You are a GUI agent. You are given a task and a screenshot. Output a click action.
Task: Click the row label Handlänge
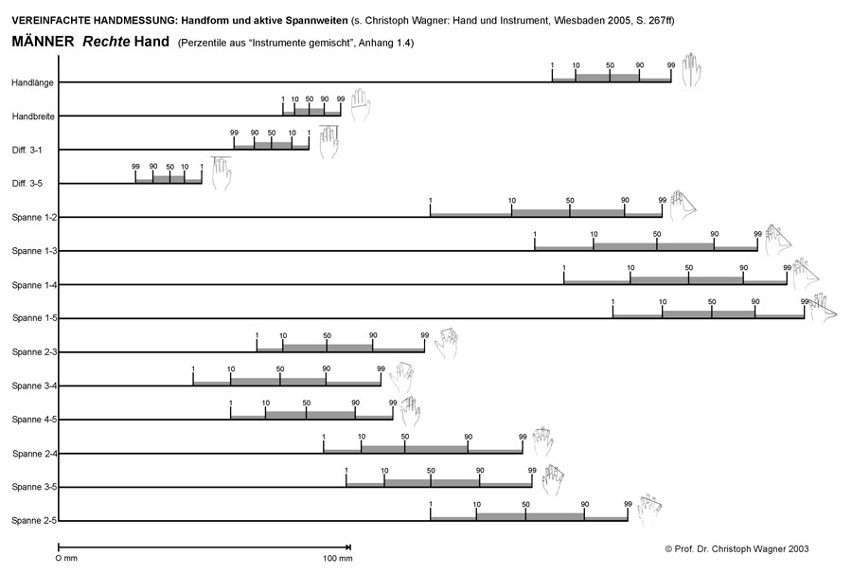32,82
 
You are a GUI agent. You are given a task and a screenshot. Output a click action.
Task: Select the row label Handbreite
32,117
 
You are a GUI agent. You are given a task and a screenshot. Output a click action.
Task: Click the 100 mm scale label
338,559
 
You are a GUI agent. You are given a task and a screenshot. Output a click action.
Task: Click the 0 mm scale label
67,559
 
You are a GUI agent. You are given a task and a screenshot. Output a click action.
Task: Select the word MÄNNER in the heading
44,43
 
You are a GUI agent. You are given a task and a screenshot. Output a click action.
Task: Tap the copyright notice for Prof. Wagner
737,548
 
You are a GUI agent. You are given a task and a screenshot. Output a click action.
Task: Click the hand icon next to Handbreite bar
360,104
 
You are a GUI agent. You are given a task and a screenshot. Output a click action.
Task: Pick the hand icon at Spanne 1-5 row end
823,308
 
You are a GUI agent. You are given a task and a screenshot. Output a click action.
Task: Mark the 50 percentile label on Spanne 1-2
570,200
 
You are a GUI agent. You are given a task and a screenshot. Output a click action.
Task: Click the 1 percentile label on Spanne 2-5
431,503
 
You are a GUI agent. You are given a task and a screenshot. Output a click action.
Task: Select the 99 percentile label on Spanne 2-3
424,334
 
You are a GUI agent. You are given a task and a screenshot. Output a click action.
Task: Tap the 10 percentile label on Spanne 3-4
231,368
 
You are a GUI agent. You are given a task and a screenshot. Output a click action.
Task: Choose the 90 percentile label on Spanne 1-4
743,267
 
